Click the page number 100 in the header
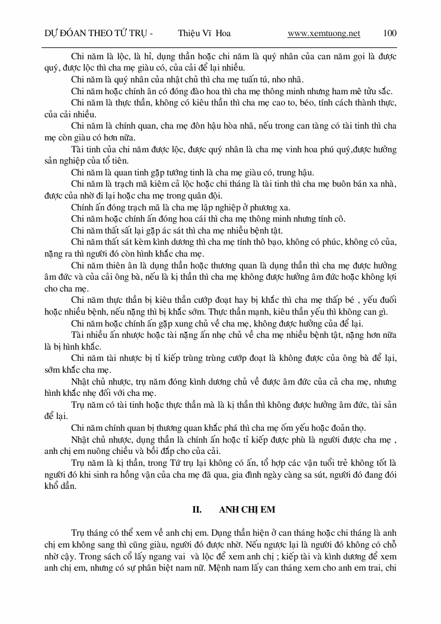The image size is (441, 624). [390, 33]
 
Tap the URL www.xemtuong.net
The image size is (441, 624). [324, 33]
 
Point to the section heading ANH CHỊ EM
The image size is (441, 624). [242, 509]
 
